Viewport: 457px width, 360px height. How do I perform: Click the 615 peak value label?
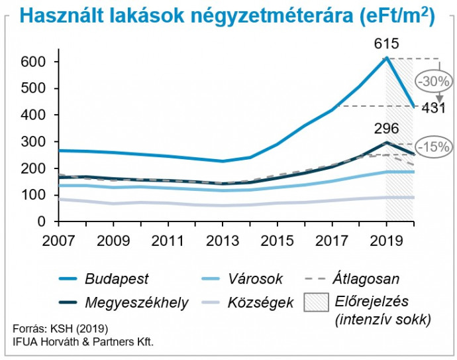(386, 44)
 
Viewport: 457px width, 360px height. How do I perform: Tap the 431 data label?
(433, 108)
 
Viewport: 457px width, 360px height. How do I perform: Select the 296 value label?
(386, 129)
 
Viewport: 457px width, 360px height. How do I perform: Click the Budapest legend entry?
(117, 278)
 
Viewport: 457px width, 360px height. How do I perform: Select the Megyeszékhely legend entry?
(136, 303)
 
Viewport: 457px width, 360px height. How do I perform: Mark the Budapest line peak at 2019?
(386, 58)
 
